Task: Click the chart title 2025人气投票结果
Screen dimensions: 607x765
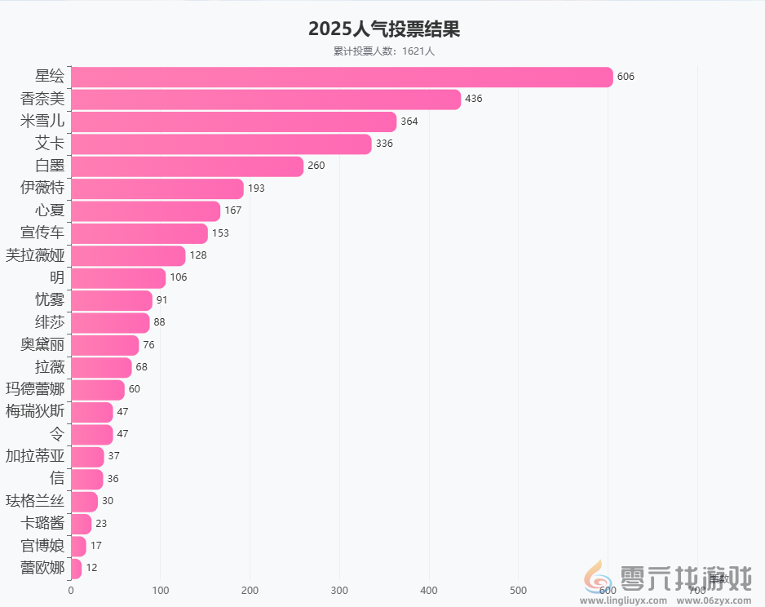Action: point(383,29)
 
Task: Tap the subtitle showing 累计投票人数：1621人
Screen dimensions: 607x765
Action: point(383,51)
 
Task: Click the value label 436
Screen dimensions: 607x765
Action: point(473,99)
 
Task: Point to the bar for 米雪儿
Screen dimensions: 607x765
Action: point(233,122)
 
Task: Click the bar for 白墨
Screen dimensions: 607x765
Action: point(187,166)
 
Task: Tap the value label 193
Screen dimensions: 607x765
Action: point(256,188)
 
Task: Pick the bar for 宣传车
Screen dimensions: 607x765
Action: point(139,233)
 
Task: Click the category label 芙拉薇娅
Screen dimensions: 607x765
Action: point(35,255)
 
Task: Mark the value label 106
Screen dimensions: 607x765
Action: point(179,277)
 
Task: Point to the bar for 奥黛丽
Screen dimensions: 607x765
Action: point(104,344)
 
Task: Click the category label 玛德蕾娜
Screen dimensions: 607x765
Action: point(35,389)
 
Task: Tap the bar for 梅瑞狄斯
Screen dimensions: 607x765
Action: point(91,412)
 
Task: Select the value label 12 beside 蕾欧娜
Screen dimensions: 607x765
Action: point(91,568)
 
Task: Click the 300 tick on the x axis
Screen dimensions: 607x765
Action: point(339,590)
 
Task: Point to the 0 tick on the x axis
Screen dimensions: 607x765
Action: point(71,590)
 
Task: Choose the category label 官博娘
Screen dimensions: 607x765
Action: point(42,545)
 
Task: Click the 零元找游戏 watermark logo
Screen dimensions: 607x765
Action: point(669,581)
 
